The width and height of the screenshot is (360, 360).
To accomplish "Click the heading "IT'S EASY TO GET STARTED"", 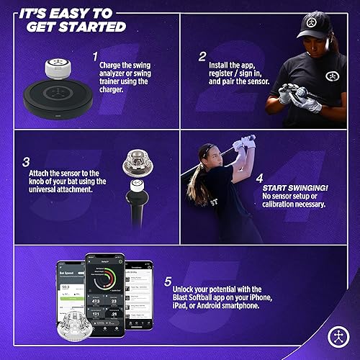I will click(68, 20).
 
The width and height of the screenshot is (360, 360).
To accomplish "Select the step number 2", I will click(203, 55).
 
